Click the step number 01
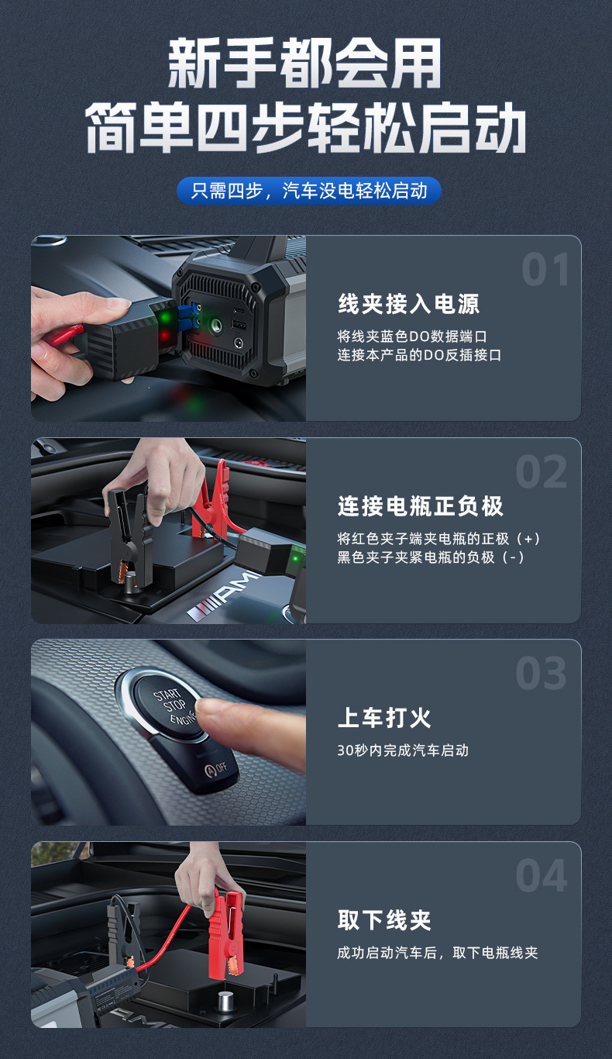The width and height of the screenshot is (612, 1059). tap(545, 269)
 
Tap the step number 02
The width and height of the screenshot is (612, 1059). tap(542, 471)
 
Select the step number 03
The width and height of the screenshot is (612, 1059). tap(541, 673)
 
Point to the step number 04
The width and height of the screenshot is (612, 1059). tap(542, 875)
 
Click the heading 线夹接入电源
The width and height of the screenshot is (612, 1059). tap(409, 304)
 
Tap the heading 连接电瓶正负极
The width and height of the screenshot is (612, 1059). tap(421, 506)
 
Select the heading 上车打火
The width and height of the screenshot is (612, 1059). tap(384, 718)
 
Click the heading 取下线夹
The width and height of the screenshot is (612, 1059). tap(384, 920)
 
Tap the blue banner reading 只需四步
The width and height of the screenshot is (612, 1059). tap(309, 191)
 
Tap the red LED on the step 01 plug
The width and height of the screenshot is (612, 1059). tap(164, 336)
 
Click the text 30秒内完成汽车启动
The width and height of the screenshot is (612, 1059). tap(403, 750)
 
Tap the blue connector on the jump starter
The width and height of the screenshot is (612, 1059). tap(187, 317)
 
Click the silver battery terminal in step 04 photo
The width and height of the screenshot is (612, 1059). tap(227, 997)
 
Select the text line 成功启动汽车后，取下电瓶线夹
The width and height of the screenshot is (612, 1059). tap(438, 953)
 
